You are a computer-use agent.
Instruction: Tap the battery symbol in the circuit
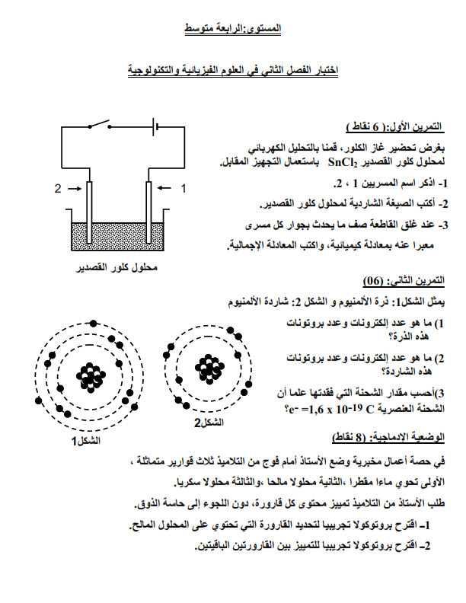pos(157,126)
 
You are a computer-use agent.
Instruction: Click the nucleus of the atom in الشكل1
pos(91,374)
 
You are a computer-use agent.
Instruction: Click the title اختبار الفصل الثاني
pos(233,70)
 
